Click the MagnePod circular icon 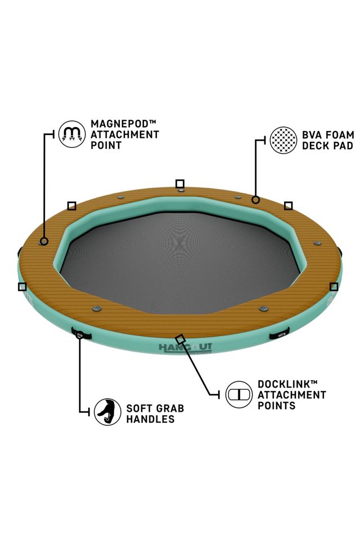71,134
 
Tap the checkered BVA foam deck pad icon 283,140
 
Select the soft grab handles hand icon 107,412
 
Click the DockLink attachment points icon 239,394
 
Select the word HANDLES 150,419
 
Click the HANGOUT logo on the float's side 185,347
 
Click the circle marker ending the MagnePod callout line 44,241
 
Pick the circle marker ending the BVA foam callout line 255,199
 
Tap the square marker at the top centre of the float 180,184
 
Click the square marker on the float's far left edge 22,286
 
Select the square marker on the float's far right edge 334,286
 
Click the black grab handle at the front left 82,333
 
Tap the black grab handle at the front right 279,334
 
